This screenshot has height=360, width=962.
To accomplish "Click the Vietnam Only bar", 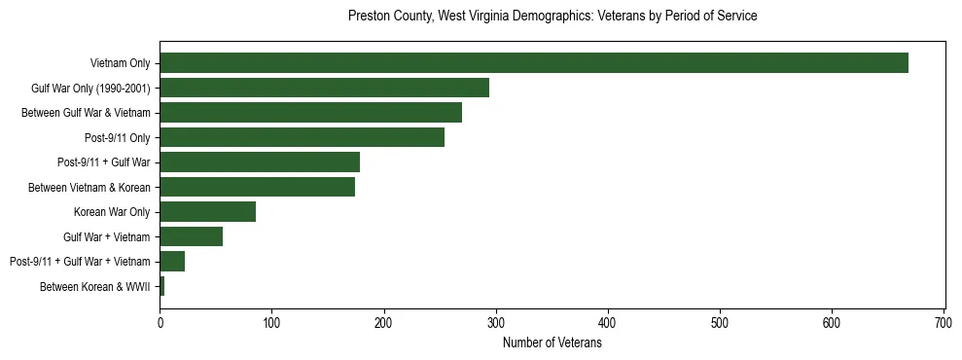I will [x=533, y=63].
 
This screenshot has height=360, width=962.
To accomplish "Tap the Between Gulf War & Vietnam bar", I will [x=310, y=113].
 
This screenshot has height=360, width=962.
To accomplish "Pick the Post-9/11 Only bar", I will [x=302, y=137].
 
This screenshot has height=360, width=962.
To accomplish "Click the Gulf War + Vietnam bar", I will [x=191, y=236].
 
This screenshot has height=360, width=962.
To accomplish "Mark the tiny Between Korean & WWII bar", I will [x=161, y=286].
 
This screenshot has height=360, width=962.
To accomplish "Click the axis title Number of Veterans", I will [x=552, y=342].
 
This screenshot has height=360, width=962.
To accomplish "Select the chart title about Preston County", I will [x=552, y=17].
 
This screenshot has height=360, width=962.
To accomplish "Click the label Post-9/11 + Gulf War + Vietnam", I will [x=80, y=262].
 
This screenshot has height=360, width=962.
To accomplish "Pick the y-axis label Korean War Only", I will [x=112, y=212].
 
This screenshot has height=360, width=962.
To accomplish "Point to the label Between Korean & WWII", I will [x=95, y=286].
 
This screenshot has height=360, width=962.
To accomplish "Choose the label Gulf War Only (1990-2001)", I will [x=90, y=89].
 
